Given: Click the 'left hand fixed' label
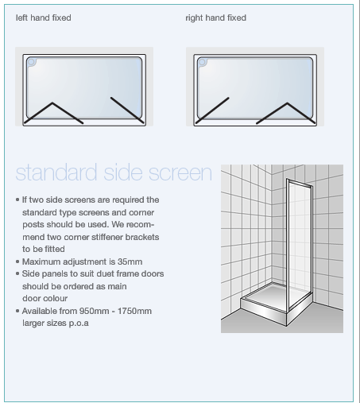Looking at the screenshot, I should (44, 17).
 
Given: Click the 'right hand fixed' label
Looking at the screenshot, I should (215, 17).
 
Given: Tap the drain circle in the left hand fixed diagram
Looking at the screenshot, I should (32, 61).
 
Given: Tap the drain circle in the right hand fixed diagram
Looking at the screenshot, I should (203, 61).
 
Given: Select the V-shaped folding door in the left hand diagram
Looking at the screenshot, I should (54, 113).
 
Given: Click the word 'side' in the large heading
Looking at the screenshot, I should (127, 172).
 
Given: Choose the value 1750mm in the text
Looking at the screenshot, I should (133, 311).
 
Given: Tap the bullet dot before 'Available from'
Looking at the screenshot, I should (17, 311).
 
